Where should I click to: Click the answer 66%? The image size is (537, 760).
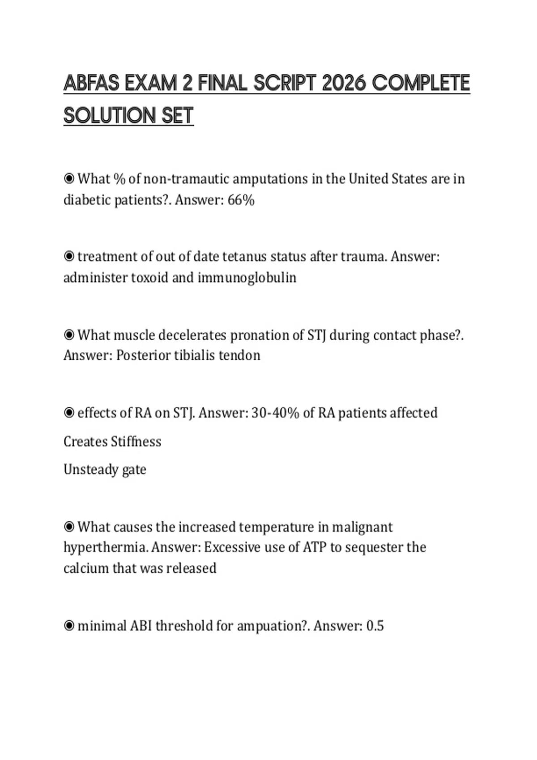241,200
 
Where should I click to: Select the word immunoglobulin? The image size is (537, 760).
247,278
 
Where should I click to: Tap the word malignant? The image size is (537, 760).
362,527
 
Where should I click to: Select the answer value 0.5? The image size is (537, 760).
375,626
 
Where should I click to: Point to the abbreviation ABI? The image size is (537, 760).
141,626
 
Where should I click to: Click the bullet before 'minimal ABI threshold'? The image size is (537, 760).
69,626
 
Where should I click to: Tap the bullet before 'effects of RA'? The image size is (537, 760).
69,413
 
